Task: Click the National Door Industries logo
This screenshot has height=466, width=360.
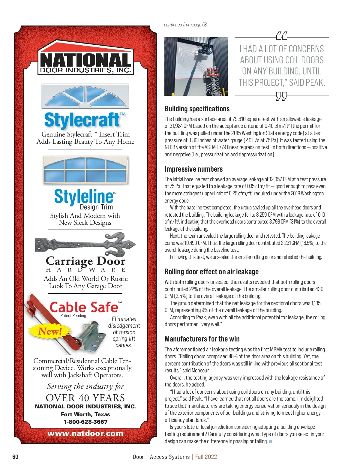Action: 85,59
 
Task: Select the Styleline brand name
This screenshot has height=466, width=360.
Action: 84,197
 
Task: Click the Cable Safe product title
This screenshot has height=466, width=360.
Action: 84,307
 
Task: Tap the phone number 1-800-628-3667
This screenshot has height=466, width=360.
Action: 85,422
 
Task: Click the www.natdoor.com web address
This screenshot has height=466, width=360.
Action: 85,433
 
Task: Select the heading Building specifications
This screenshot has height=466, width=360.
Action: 197,109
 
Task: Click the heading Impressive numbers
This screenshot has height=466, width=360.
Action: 193,169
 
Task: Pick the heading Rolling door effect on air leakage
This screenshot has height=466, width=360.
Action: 211,272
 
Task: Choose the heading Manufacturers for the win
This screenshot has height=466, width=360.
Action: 202,339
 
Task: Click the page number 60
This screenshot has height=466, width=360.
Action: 15,456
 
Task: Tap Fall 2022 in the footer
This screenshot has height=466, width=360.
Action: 206,457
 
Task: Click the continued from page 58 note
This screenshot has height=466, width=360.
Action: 185,25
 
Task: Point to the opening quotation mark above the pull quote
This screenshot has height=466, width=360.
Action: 281,36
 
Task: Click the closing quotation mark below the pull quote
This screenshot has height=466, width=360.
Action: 281,97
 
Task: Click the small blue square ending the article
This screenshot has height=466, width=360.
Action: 270,441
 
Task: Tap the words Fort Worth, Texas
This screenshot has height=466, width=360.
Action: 85,414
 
